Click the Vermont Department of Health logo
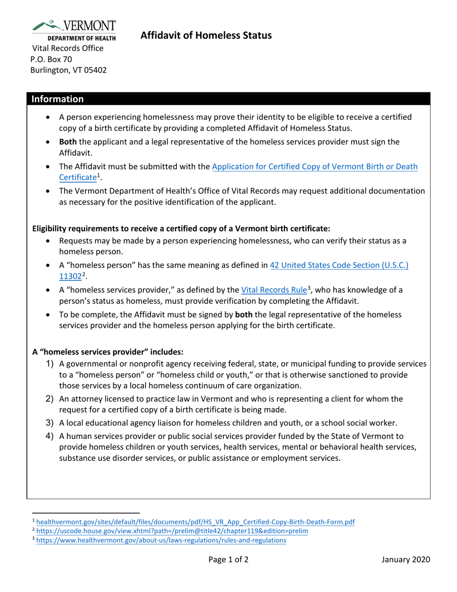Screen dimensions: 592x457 click(x=74, y=30)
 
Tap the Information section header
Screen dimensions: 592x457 click(x=58, y=99)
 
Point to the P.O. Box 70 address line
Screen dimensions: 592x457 click(x=51, y=59)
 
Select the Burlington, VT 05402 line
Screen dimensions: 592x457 click(x=69, y=70)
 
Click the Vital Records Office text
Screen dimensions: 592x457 click(x=68, y=48)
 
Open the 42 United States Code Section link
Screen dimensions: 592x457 click(x=339, y=265)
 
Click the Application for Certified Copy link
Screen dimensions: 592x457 click(x=315, y=167)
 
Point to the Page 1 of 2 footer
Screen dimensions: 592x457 click(x=228, y=559)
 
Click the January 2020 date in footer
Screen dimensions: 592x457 click(x=406, y=559)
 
